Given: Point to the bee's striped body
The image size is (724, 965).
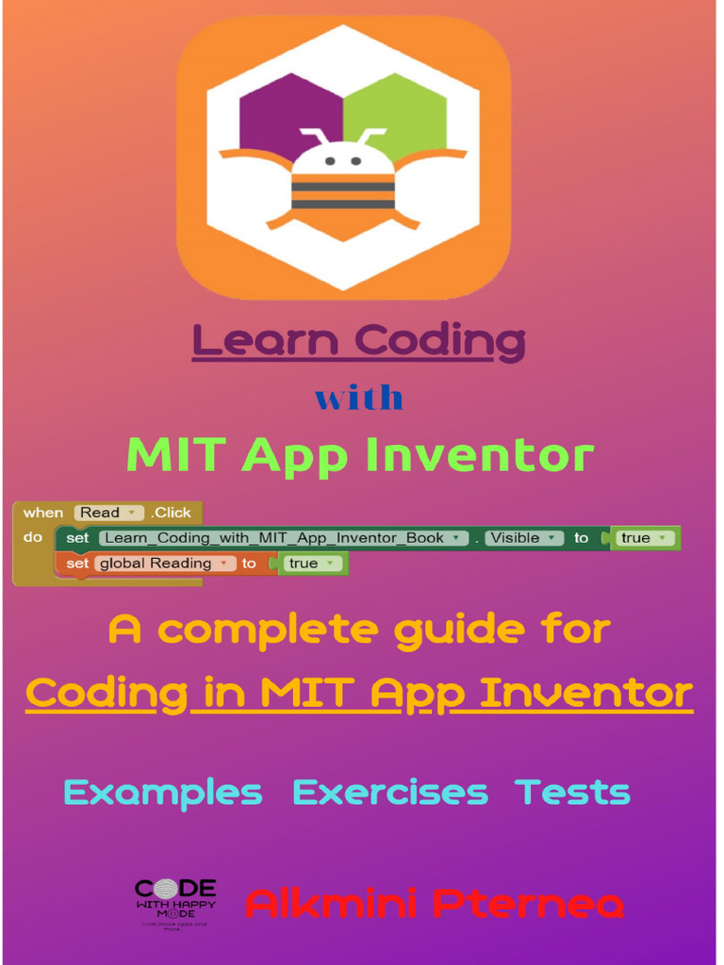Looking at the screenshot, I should coord(342,194).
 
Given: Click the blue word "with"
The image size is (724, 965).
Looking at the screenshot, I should coord(359,398).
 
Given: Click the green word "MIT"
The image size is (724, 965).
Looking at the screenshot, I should coord(176,455).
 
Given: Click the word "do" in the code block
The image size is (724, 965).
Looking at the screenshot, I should coord(33,538).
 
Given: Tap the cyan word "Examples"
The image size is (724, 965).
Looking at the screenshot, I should coord(163,793).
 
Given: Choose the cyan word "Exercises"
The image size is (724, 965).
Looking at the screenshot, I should coord(390,793).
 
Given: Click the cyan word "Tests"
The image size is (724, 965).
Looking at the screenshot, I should coord(573,793).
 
